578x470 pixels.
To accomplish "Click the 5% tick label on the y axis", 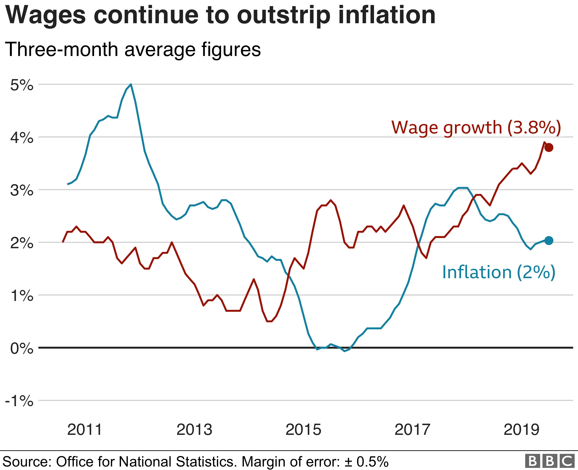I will coord(22,85).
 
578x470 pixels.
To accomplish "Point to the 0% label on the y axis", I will coord(22,348).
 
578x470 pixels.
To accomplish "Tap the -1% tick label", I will coord(19,401).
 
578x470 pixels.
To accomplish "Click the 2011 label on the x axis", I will coord(85,430).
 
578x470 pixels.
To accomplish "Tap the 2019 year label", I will coord(521,430).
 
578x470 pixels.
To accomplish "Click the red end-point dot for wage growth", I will coord(549,148).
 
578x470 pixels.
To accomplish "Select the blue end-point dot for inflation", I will coord(549,240).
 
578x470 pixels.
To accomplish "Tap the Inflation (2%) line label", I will coord(498,272).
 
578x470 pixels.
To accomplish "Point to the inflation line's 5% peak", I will coord(131,84).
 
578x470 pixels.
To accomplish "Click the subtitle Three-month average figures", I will coord(133,49).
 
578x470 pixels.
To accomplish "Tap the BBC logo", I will coord(550,461).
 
